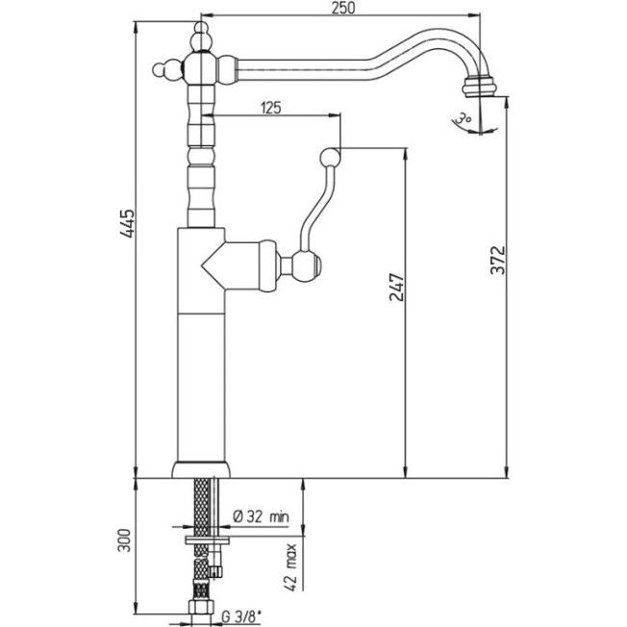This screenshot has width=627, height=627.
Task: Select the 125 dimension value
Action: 270,109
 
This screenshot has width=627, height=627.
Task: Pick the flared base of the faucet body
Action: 201,469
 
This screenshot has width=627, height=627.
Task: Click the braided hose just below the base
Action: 201,500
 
